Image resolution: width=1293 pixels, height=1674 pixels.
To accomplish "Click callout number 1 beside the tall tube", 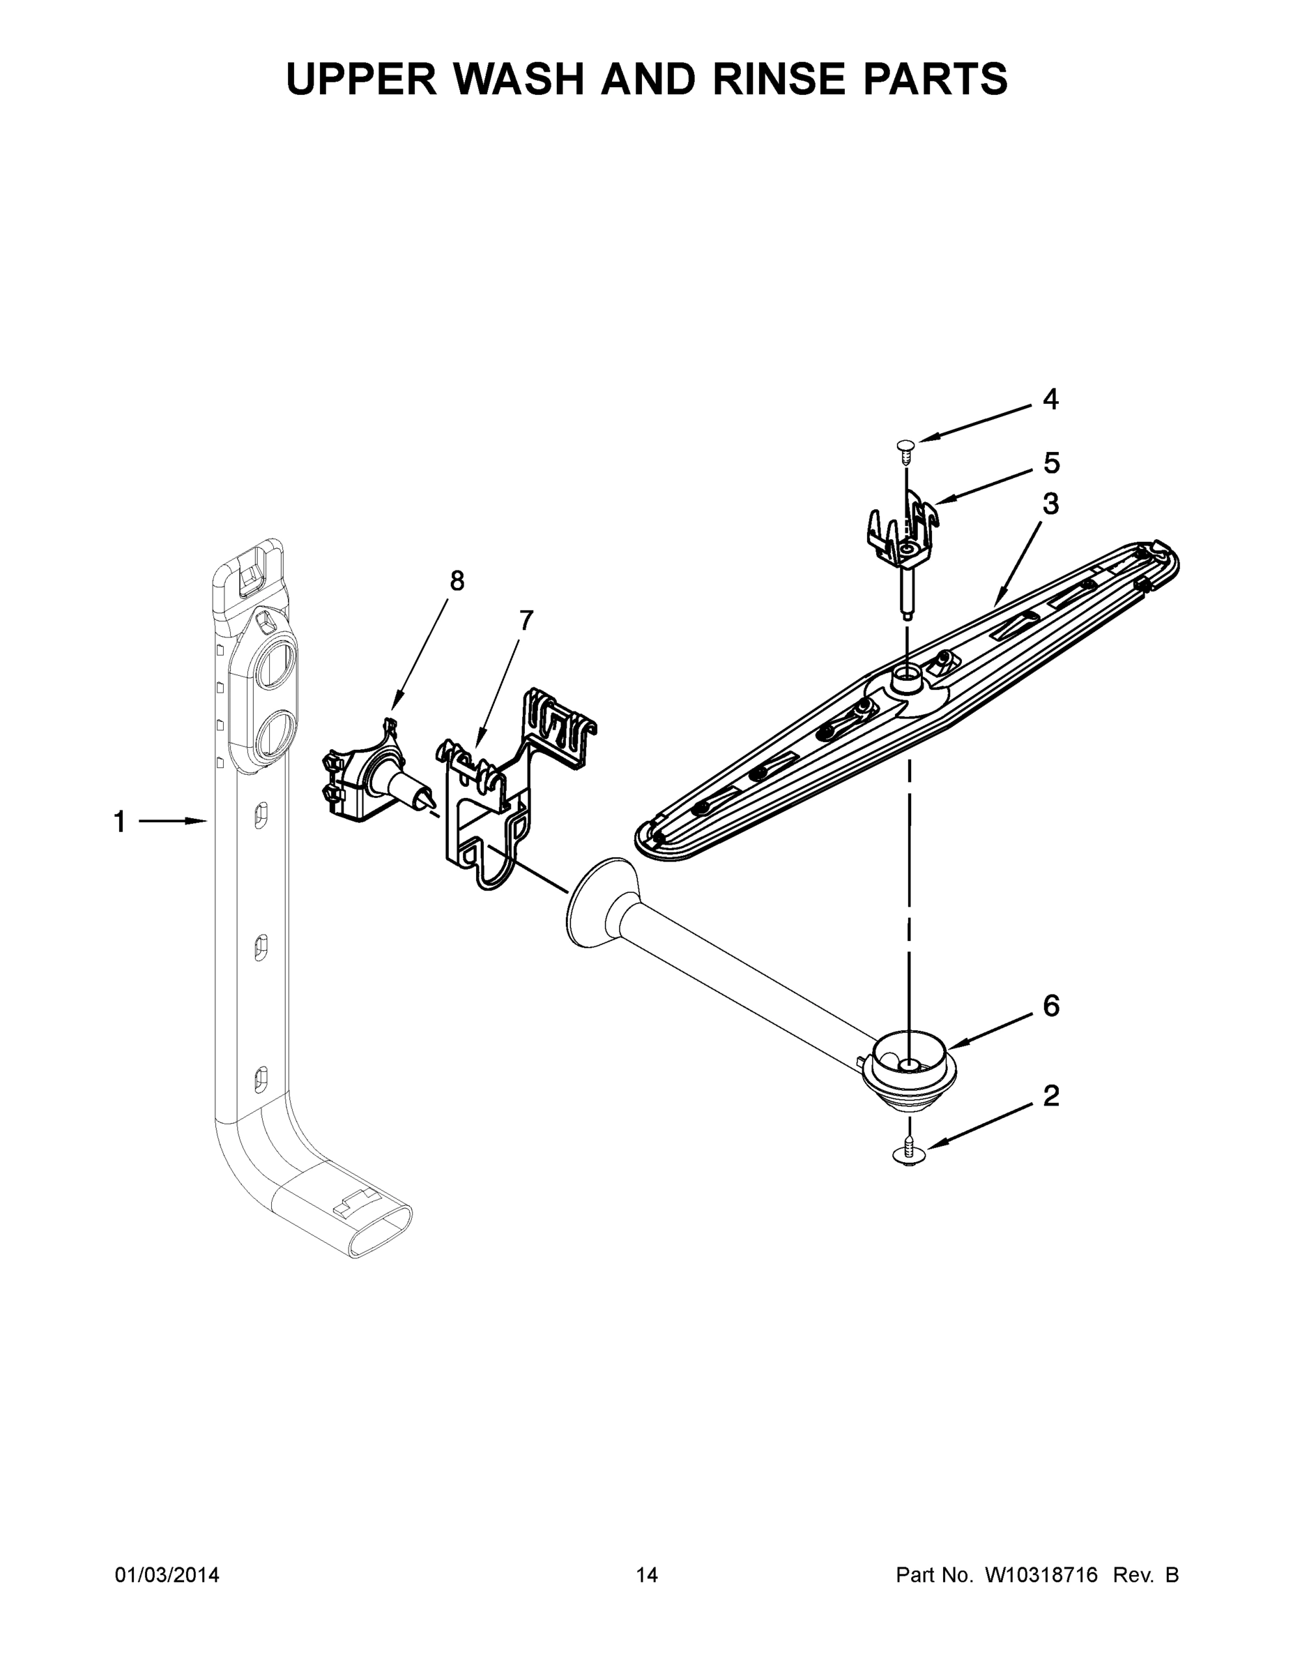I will point(119,822).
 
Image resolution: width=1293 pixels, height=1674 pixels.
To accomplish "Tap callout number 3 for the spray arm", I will point(1051,504).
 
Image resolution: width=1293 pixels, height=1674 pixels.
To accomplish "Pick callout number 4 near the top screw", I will point(1051,400).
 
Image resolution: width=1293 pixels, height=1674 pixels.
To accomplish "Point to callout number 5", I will point(1051,463).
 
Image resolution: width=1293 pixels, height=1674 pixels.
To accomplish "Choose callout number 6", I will point(1051,1006).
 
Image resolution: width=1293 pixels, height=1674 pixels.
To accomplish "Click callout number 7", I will point(526,620).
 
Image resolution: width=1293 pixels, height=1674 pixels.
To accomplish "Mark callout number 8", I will point(457,582).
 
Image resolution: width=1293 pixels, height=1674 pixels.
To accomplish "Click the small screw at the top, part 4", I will point(907,450).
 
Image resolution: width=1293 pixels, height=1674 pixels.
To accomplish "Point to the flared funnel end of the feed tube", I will point(602,902).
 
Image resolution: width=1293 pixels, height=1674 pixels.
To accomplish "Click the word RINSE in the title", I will point(774,78).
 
